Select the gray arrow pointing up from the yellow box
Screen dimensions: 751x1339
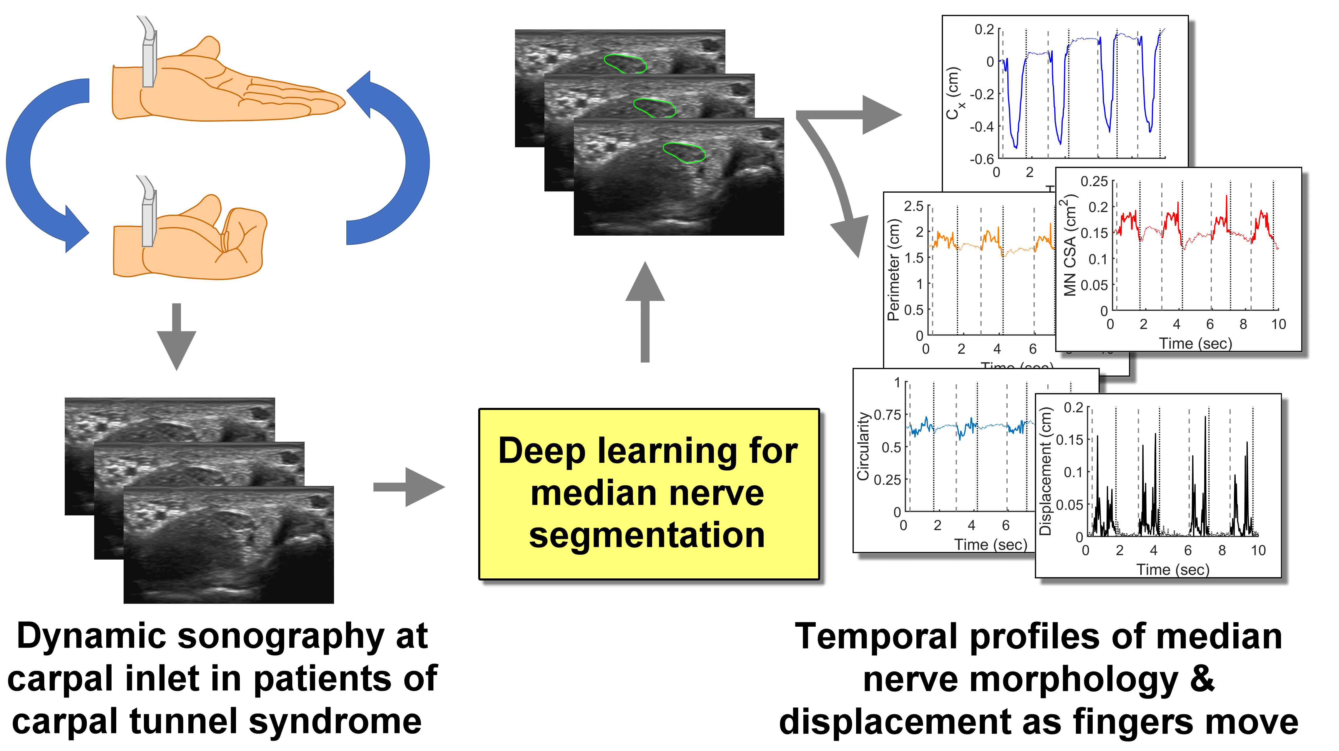pos(645,312)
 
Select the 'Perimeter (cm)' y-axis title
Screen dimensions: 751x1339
pos(893,270)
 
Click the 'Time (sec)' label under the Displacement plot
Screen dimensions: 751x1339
pos(1173,570)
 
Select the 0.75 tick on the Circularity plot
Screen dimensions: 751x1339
pos(887,415)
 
